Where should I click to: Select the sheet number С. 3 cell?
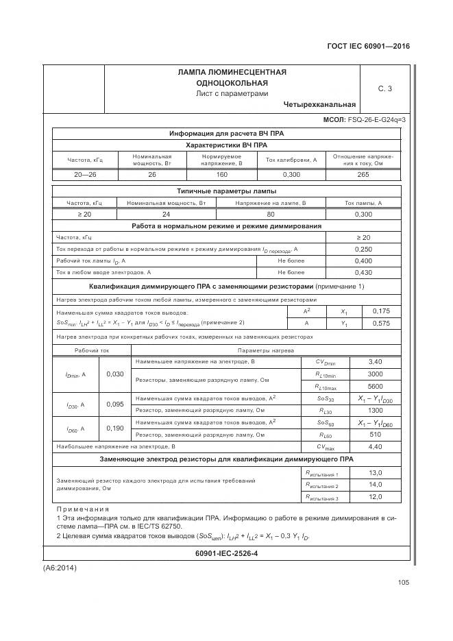coord(384,88)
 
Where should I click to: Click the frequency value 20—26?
coord(85,175)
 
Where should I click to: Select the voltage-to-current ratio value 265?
coord(364,175)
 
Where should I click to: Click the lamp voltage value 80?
coord(270,215)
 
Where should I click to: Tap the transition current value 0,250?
coord(364,249)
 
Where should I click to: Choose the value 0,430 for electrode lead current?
coord(364,272)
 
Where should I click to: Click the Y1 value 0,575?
coord(381,323)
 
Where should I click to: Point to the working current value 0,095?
coord(115,404)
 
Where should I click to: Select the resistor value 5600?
coord(375,386)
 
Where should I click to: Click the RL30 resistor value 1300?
coord(375,410)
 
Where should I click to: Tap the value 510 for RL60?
coord(375,434)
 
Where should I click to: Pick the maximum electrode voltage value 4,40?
coord(375,446)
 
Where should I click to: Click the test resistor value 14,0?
coord(375,484)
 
